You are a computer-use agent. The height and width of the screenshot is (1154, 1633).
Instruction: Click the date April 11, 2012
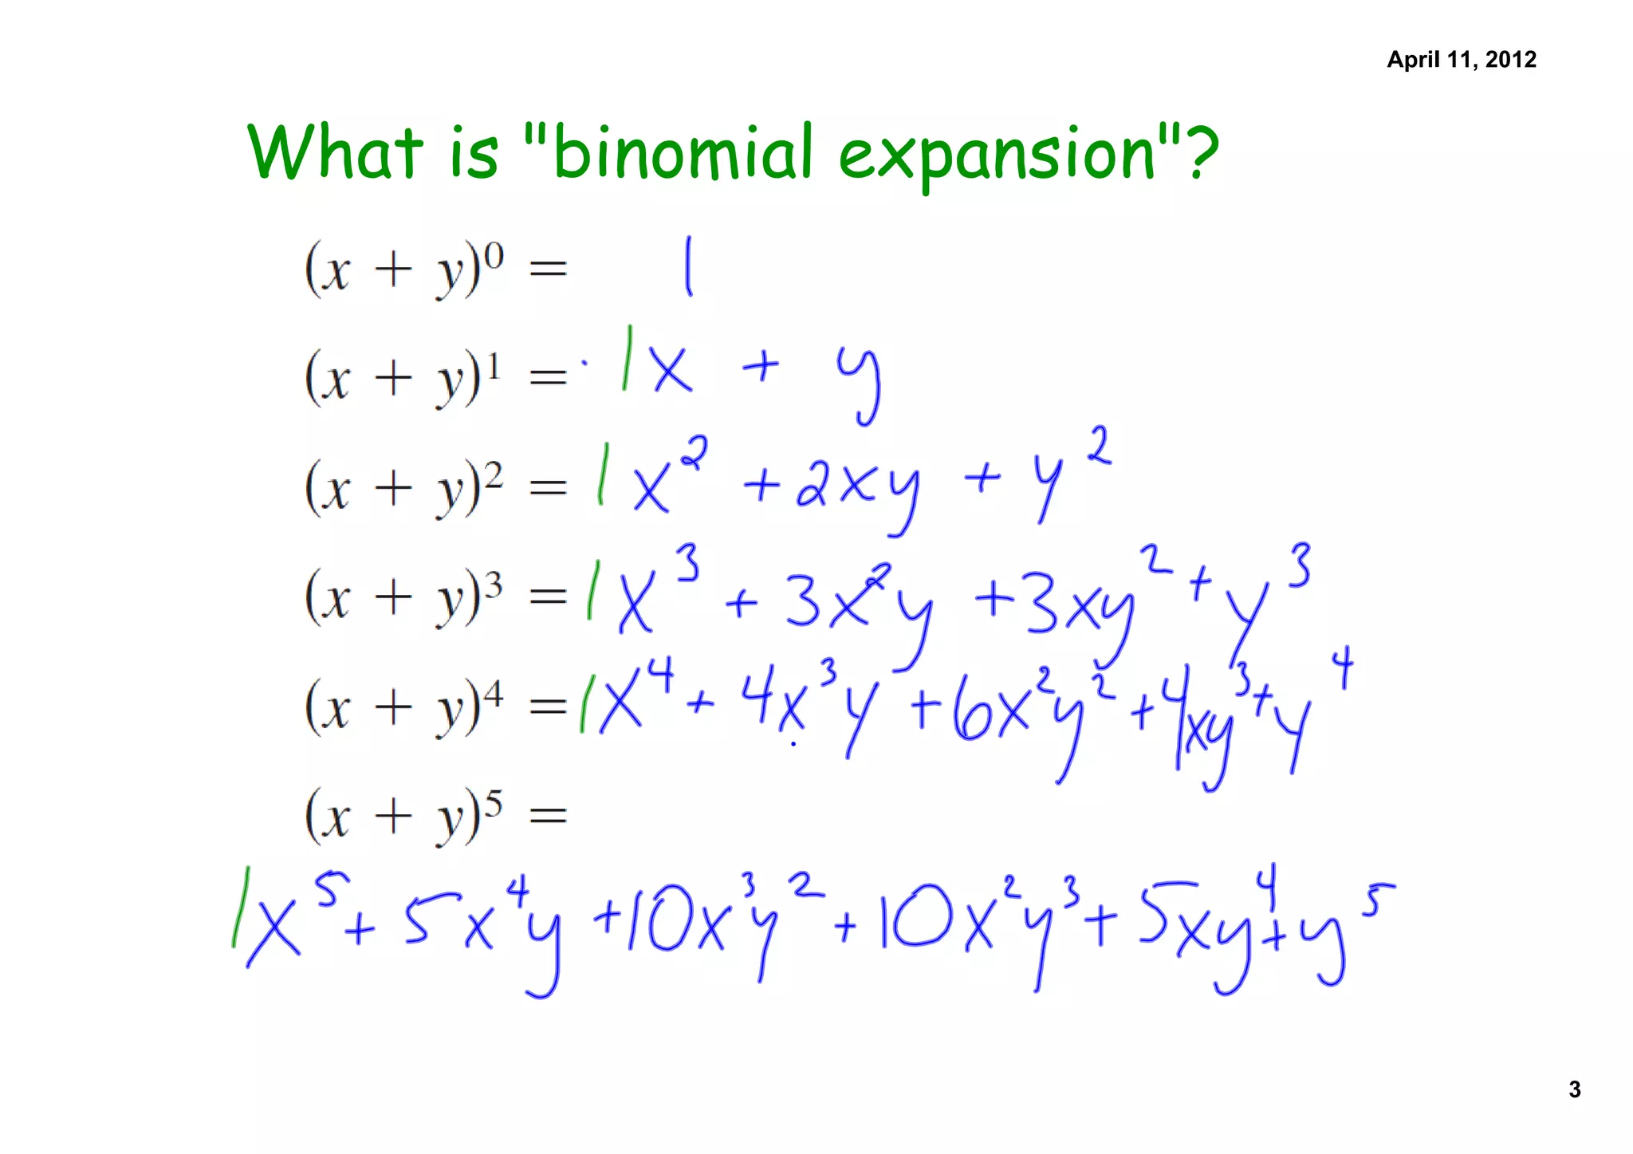(x=1461, y=60)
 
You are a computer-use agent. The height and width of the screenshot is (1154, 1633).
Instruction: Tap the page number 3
(x=1574, y=1089)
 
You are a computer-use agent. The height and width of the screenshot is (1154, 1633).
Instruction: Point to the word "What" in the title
(x=335, y=152)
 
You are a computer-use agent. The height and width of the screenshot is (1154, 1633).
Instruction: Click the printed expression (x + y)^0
(x=403, y=270)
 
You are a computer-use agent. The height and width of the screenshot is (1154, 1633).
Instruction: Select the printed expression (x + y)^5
(x=403, y=815)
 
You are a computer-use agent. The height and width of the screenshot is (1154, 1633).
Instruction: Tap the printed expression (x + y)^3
(x=403, y=597)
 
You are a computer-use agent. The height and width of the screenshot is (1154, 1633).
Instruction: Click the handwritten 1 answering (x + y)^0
(x=687, y=266)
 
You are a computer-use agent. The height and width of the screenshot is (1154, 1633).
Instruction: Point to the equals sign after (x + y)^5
(x=549, y=815)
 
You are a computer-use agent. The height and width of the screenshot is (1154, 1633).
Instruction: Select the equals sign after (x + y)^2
(x=549, y=487)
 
